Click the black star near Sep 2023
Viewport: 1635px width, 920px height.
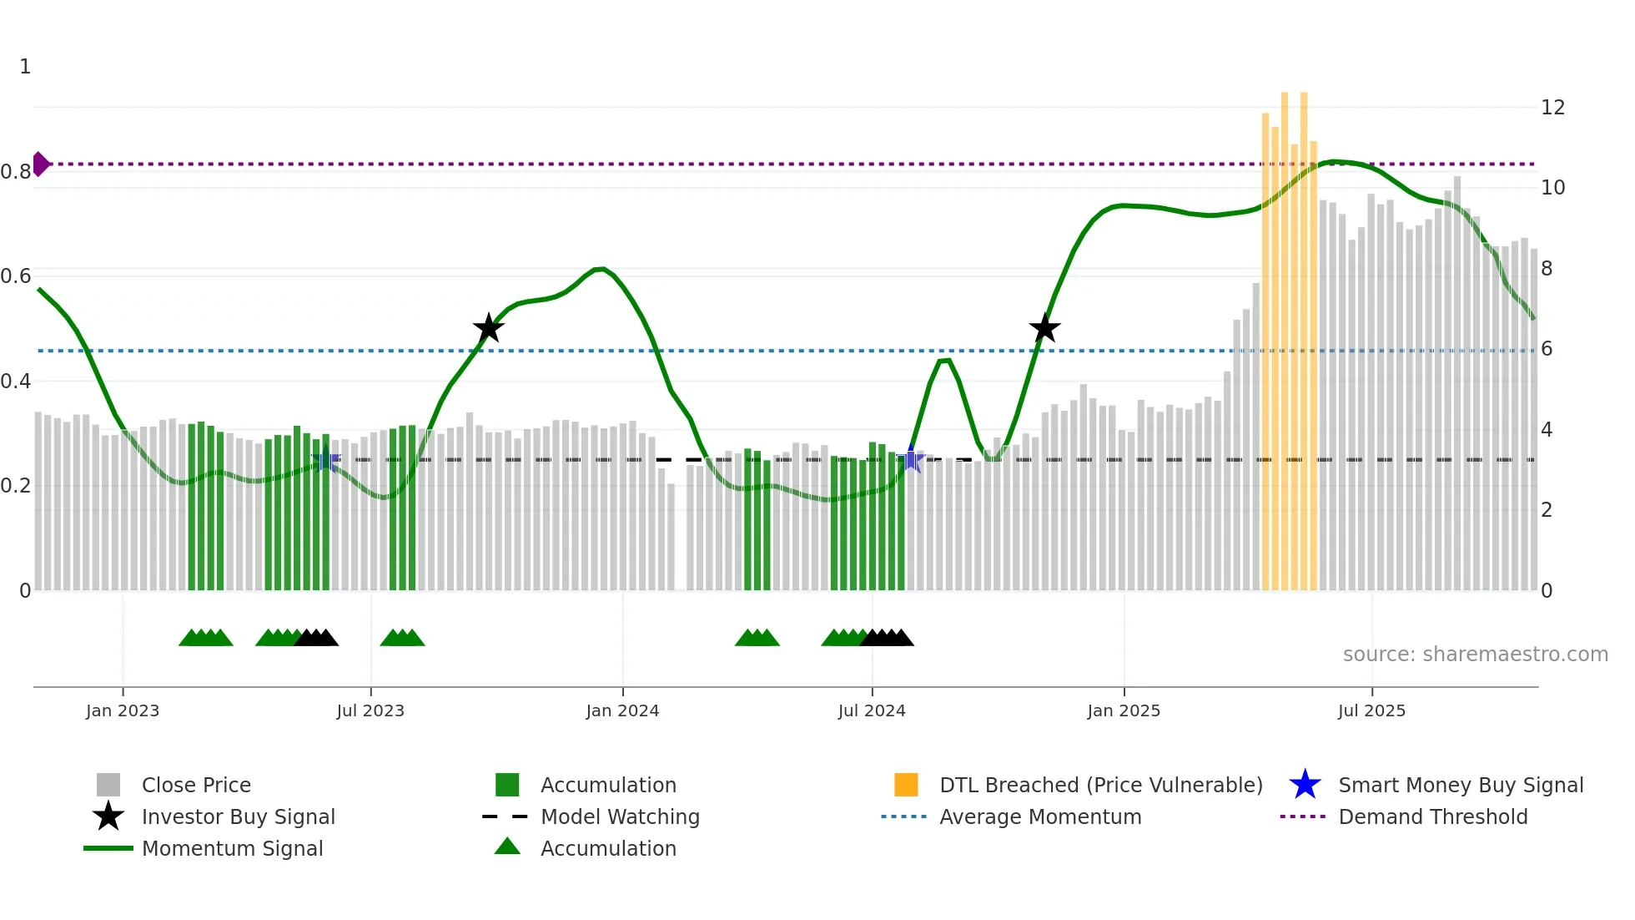tap(489, 328)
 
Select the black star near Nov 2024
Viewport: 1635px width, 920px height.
tap(1044, 328)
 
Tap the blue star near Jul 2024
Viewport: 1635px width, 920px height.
tap(911, 460)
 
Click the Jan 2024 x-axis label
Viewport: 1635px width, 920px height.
tap(622, 710)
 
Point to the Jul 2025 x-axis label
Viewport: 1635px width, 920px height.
tap(1371, 710)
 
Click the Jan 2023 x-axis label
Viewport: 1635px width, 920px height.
tap(123, 710)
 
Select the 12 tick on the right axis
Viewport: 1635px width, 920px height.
tap(1552, 108)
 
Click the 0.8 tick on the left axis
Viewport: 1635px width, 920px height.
tap(16, 172)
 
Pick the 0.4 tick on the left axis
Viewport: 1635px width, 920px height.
tap(16, 382)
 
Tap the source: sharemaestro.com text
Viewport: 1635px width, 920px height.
tap(1475, 655)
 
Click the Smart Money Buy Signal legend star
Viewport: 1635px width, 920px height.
tap(1305, 785)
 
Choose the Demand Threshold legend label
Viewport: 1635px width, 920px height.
tap(1432, 816)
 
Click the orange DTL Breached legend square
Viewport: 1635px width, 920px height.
tap(906, 785)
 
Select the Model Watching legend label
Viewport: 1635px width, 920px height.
tap(620, 816)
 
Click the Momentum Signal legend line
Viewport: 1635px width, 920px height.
tap(108, 848)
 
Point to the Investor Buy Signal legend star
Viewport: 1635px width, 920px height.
tap(108, 816)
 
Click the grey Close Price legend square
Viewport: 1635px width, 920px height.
tap(108, 785)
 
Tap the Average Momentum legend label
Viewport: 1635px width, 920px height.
tap(1040, 816)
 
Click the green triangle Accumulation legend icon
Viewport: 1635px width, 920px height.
tap(507, 847)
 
